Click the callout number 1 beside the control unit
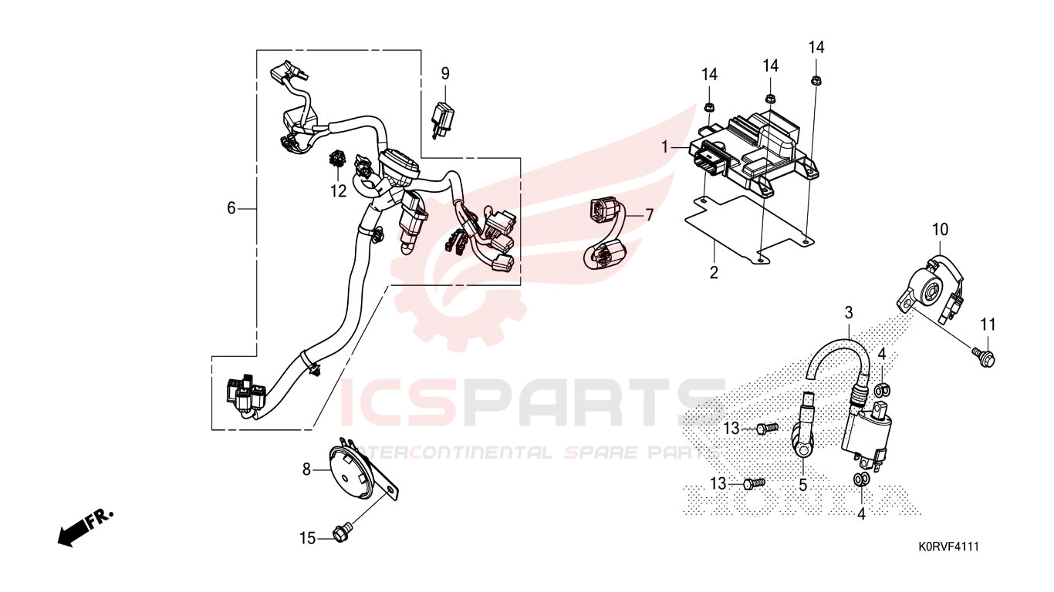click(664, 148)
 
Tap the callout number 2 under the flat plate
click(714, 272)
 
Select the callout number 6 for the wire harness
click(231, 208)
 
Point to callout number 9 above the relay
click(445, 74)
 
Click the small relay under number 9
click(442, 121)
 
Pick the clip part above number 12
click(337, 160)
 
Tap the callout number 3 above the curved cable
click(849, 313)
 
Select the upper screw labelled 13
click(767, 428)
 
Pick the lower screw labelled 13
click(755, 483)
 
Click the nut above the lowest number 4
click(861, 479)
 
